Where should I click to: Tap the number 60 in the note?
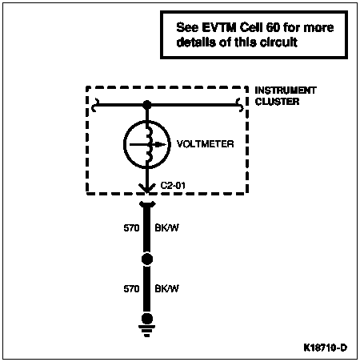[x=273, y=27]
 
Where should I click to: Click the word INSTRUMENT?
[x=286, y=90]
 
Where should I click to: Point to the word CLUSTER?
[x=277, y=102]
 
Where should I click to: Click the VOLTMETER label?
[x=206, y=144]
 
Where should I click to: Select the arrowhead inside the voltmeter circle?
[x=160, y=145]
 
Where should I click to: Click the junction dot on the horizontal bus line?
[x=147, y=105]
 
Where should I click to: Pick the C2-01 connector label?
[x=173, y=185]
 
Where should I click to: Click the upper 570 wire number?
[x=131, y=228]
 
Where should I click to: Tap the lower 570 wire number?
[x=131, y=288]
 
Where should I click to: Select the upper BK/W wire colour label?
[x=167, y=228]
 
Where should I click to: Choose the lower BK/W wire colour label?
[x=167, y=288]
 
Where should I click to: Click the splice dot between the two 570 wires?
[x=147, y=259]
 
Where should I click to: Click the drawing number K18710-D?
[x=326, y=348]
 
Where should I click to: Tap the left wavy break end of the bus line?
[x=95, y=105]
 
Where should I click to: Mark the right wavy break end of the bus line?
[x=239, y=105]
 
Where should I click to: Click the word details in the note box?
[x=196, y=42]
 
